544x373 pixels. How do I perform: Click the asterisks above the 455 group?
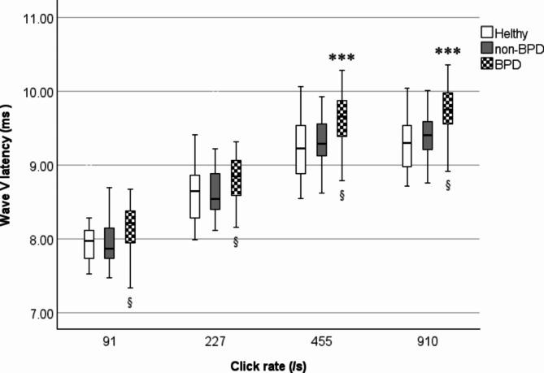point(342,59)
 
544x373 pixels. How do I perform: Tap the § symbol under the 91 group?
point(130,302)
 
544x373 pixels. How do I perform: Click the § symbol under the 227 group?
point(236,241)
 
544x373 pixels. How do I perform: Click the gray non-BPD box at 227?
point(215,191)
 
